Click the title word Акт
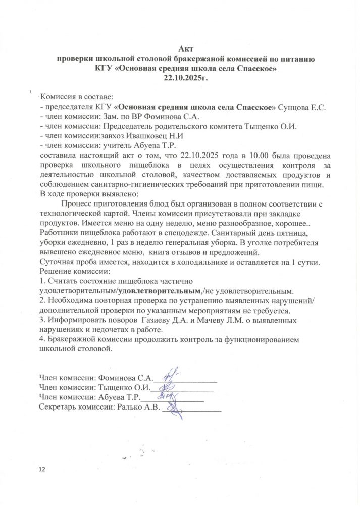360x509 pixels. coord(186,48)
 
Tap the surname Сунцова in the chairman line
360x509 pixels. coord(297,107)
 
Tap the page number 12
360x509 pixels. coord(42,470)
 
